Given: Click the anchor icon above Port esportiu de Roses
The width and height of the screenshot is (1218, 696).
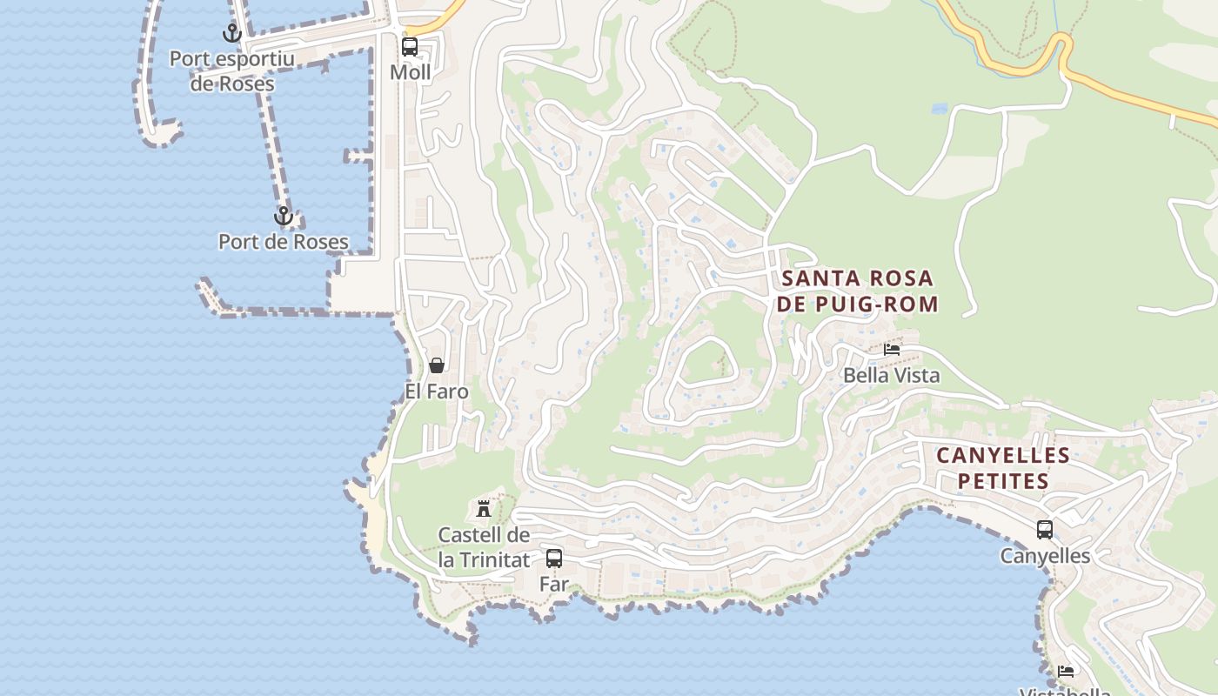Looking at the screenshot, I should point(231,34).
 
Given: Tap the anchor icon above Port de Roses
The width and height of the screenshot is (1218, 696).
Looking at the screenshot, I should point(284,216).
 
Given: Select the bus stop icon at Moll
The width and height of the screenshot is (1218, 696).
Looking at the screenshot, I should point(410,47).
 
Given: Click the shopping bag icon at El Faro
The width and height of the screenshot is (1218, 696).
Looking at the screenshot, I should point(437,365).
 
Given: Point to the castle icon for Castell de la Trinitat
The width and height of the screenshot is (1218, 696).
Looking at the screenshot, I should point(484,508).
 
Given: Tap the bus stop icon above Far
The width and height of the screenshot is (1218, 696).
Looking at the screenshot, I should point(554,559).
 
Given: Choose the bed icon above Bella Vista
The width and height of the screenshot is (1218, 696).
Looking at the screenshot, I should point(892,350).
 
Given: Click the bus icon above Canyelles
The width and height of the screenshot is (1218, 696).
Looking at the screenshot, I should point(1045,529).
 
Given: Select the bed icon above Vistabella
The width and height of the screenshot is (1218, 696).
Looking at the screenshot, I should point(1066,671).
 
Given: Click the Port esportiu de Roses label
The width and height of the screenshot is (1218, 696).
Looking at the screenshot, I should point(232,71).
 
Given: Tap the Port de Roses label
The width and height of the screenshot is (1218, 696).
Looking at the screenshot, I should point(284,242).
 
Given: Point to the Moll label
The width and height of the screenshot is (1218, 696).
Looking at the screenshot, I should point(410,72).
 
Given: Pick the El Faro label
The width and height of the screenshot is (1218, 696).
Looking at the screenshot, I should point(437,391).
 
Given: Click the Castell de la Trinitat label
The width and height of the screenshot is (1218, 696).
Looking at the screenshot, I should point(484,547).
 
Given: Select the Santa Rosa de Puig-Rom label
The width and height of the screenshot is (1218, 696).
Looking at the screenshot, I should point(859,291).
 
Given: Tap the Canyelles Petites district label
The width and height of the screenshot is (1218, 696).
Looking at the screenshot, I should point(1003,468).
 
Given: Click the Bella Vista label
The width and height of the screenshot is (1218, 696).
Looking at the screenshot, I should point(892,375).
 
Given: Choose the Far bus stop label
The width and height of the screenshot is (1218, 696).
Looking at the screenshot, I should point(554,584).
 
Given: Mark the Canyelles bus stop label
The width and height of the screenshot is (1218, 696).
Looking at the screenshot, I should point(1045,556).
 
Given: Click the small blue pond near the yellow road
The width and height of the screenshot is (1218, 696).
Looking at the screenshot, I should point(939,110).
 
